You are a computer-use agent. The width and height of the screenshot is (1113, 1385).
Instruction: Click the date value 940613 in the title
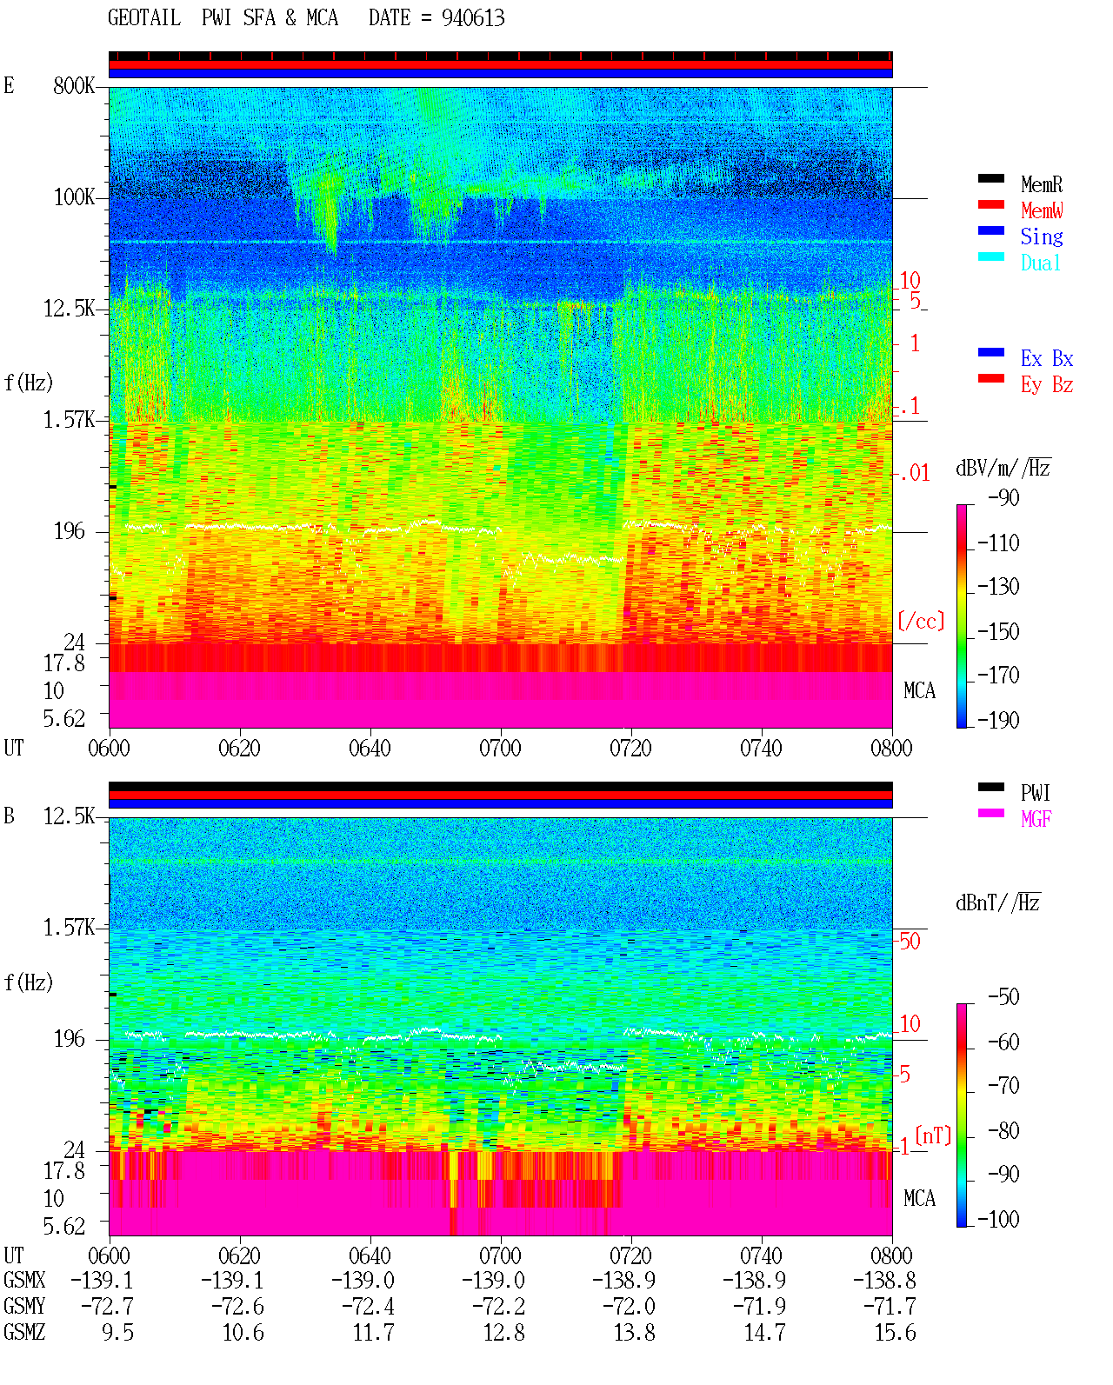click(x=472, y=18)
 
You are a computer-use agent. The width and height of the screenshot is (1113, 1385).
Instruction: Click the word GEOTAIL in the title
click(x=144, y=18)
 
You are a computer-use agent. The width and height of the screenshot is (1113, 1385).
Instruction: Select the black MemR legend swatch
click(x=990, y=178)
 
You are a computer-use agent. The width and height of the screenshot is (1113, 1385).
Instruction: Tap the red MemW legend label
click(x=1042, y=210)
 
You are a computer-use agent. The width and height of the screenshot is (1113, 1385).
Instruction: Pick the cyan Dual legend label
click(x=1040, y=263)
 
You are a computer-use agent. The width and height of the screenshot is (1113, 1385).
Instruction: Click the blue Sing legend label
click(x=1041, y=236)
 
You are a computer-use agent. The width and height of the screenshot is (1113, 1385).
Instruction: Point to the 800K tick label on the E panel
click(x=73, y=85)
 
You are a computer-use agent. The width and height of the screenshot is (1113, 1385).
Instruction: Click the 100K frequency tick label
click(x=73, y=197)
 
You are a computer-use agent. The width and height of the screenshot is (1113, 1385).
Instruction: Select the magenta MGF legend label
click(x=1036, y=819)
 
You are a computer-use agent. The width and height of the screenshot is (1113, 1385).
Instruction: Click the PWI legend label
click(x=1035, y=793)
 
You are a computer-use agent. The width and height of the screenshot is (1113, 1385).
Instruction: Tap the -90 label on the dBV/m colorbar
click(x=1003, y=498)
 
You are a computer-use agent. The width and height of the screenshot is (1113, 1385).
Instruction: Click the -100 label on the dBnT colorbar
click(x=998, y=1219)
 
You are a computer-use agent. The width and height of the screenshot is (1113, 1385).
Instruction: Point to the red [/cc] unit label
click(x=921, y=621)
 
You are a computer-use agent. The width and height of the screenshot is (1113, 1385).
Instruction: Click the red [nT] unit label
click(x=933, y=1135)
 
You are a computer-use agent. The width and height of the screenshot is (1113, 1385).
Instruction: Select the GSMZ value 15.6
click(x=895, y=1332)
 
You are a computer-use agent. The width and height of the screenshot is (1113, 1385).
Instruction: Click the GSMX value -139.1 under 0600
click(x=102, y=1280)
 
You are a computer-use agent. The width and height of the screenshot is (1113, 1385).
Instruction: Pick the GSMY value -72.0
click(x=629, y=1307)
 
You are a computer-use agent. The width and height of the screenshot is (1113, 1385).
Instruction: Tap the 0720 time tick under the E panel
click(x=630, y=749)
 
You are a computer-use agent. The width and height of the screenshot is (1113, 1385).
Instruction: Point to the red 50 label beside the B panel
click(x=910, y=942)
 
